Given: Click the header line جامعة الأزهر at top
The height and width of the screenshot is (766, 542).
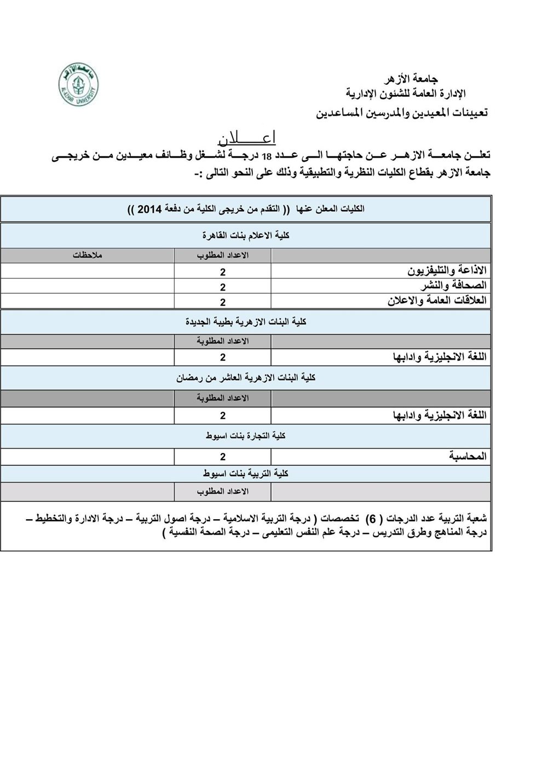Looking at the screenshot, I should pos(416,80).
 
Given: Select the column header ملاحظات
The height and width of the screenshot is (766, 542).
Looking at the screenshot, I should pos(89,256).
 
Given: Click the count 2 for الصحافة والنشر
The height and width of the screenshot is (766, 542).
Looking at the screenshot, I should pos(223,287).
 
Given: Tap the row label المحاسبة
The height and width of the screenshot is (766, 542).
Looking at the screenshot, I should pos(467,456).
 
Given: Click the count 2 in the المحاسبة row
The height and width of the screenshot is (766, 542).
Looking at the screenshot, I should pos(223,456).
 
